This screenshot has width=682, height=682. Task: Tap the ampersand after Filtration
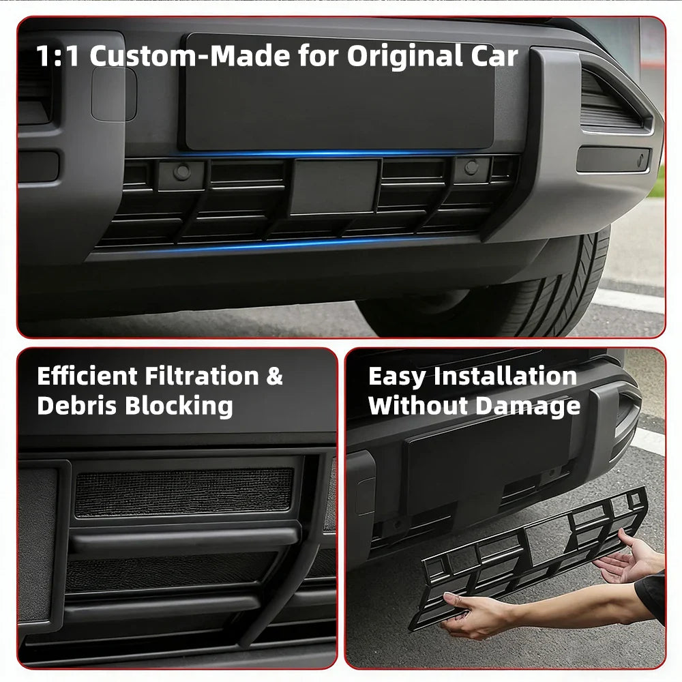[x=276, y=376]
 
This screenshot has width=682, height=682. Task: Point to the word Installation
[x=505, y=376]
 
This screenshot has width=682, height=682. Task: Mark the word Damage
[x=528, y=406]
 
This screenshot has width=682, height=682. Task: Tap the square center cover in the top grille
[x=335, y=186]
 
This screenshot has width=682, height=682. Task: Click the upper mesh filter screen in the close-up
[x=184, y=492]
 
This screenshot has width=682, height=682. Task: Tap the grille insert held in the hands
[x=532, y=552]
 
